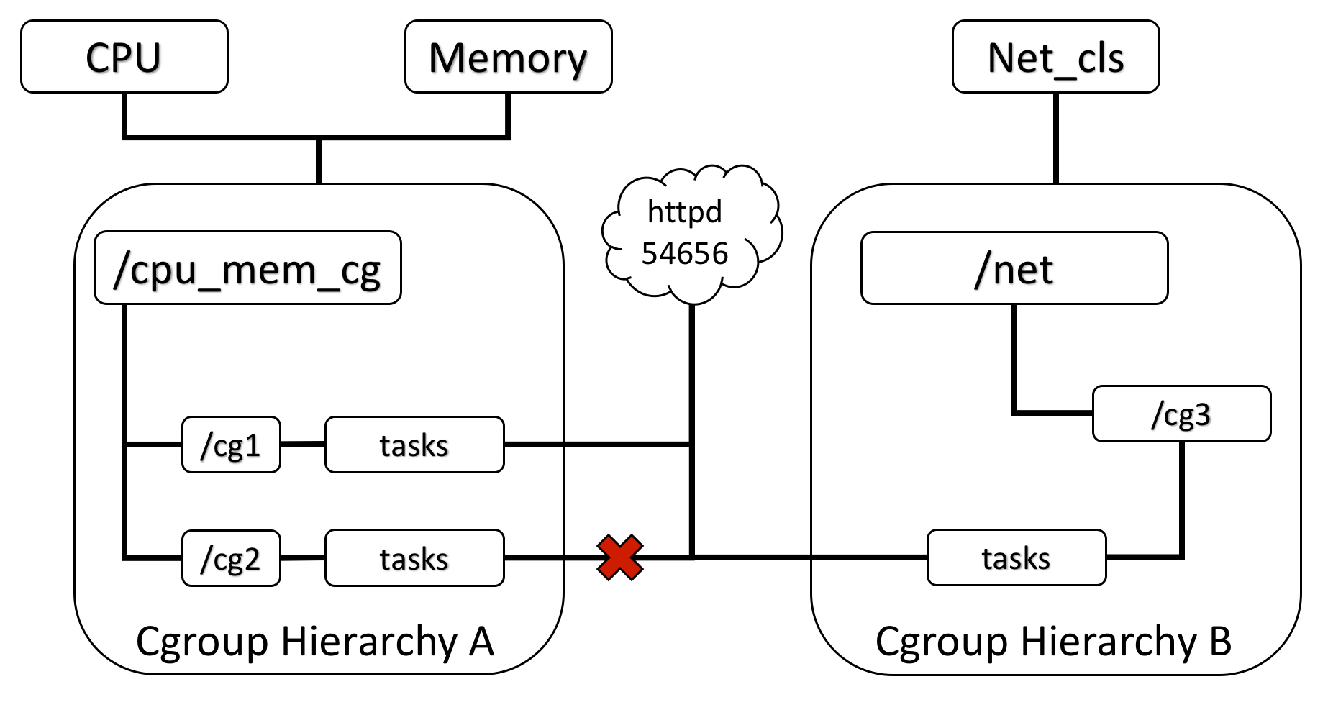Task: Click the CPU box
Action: pyautogui.click(x=124, y=57)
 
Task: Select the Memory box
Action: pyautogui.click(x=508, y=57)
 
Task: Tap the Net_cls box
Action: pyautogui.click(x=1055, y=57)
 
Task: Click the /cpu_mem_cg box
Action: pyautogui.click(x=247, y=268)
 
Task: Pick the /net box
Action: pyautogui.click(x=1014, y=268)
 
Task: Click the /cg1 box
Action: pyautogui.click(x=231, y=445)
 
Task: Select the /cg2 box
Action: pyautogui.click(x=231, y=559)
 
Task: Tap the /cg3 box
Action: pyautogui.click(x=1181, y=414)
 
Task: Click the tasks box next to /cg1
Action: pyautogui.click(x=414, y=445)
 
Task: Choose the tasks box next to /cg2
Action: pyautogui.click(x=414, y=559)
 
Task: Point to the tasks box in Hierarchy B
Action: pyautogui.click(x=1016, y=558)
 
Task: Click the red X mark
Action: pyautogui.click(x=619, y=557)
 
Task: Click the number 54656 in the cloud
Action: pyautogui.click(x=685, y=254)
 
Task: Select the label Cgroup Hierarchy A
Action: pyautogui.click(x=315, y=641)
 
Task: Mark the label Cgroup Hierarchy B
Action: pyautogui.click(x=1053, y=641)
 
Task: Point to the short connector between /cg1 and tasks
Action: pyautogui.click(x=303, y=445)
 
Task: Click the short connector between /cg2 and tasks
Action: pyautogui.click(x=303, y=558)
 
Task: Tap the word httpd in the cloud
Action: pyautogui.click(x=684, y=211)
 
